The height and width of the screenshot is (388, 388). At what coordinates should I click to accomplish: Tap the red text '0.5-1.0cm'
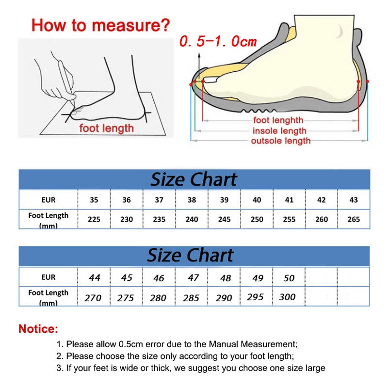pos(218,42)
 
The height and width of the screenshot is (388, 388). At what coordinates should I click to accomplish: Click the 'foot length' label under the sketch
pos(106,129)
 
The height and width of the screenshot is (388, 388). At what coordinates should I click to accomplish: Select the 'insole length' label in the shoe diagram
pos(279,131)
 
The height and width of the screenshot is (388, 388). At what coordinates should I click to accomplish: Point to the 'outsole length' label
pos(280,141)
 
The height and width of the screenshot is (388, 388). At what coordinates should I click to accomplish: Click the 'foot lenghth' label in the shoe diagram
pos(278,120)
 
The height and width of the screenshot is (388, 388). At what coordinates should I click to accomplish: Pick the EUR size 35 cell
pos(94,200)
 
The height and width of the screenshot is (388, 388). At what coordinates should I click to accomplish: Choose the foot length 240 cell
pos(192,219)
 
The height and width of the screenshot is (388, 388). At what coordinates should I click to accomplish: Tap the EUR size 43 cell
pos(354,200)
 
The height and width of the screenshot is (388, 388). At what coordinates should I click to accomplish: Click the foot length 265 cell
pos(354,219)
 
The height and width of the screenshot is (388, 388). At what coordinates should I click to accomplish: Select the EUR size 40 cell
pos(257,200)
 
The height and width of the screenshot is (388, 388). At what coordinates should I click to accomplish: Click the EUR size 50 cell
pos(289,278)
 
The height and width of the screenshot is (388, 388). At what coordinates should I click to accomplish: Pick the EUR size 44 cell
pos(95,278)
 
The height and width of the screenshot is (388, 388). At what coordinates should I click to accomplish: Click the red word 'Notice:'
pos(38,329)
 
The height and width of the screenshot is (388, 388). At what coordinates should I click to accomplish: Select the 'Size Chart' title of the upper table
pos(194,179)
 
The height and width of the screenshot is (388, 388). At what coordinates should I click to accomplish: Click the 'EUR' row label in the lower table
pos(48,277)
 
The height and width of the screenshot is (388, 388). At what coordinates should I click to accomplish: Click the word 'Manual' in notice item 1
pos(212,344)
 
